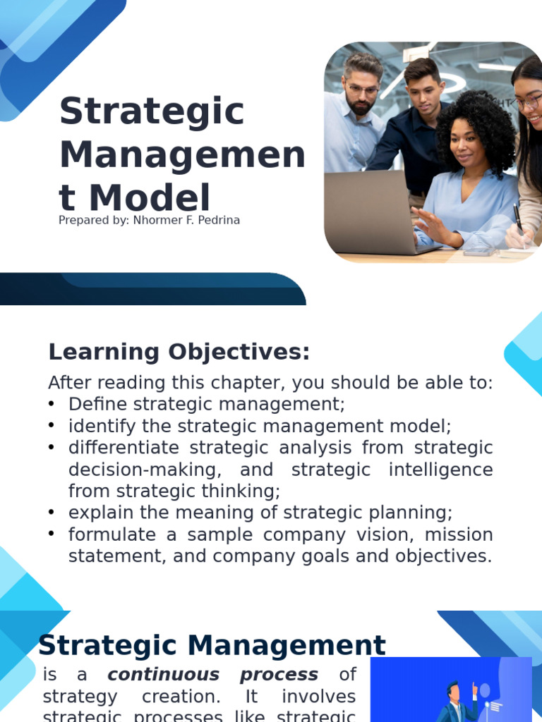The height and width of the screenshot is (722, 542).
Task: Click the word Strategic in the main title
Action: pos(152,112)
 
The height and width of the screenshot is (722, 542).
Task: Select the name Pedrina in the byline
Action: pos(218,220)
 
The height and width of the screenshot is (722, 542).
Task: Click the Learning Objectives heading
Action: pos(179,352)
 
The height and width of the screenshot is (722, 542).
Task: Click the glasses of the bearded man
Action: pos(362,90)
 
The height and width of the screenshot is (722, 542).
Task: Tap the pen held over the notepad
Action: pos(518,219)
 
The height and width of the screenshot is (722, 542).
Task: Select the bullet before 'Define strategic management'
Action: pos(52,404)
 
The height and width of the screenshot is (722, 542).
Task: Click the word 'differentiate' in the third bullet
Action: pos(117,448)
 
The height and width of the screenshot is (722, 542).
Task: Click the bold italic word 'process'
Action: pos(279,675)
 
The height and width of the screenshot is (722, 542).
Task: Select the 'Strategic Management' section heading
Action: pos(212,645)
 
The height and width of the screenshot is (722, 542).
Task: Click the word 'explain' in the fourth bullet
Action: pos(96,513)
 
